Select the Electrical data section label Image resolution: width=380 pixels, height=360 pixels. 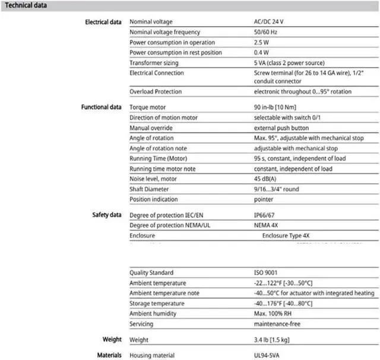pyautogui.click(x=104, y=22)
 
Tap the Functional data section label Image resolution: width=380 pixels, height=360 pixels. pyautogui.click(x=102, y=107)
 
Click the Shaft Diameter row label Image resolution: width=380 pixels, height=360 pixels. pyautogui.click(x=151, y=189)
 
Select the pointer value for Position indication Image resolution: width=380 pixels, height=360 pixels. pyautogui.click(x=264, y=199)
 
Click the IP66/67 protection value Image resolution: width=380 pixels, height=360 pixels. pyautogui.click(x=265, y=215)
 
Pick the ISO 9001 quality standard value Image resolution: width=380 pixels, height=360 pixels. pyautogui.click(x=265, y=273)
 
